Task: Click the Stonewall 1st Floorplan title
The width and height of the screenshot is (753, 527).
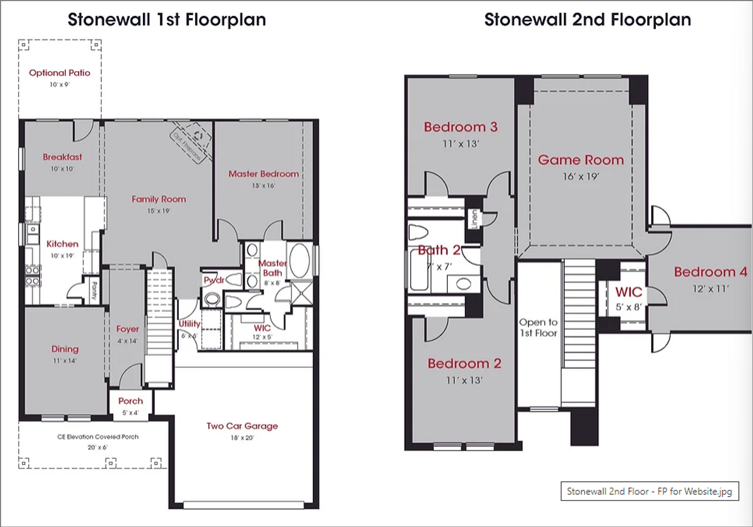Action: coord(166,20)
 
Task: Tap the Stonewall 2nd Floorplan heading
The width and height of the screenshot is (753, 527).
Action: coord(587,20)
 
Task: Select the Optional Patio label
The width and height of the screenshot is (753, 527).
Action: coord(59,73)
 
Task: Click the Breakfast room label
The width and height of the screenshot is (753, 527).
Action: coord(62,157)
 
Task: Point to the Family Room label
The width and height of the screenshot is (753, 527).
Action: coord(159,199)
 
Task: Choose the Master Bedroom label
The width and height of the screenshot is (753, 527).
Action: coord(264,174)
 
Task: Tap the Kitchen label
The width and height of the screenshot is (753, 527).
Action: coord(62,244)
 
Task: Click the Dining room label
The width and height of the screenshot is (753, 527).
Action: coord(65,349)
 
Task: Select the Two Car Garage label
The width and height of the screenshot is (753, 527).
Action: coord(242,426)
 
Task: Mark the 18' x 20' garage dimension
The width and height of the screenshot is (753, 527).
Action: coord(242,438)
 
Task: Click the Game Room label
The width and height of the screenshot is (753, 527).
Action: coord(581,160)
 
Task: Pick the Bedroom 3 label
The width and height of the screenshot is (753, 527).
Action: coord(461,127)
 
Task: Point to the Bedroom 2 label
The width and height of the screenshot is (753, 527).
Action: coord(464,364)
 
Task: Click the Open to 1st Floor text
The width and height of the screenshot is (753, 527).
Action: coord(538,328)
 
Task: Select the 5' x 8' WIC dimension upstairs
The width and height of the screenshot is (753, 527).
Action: coord(628,306)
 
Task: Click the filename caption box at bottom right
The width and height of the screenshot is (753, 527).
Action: coord(649,491)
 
